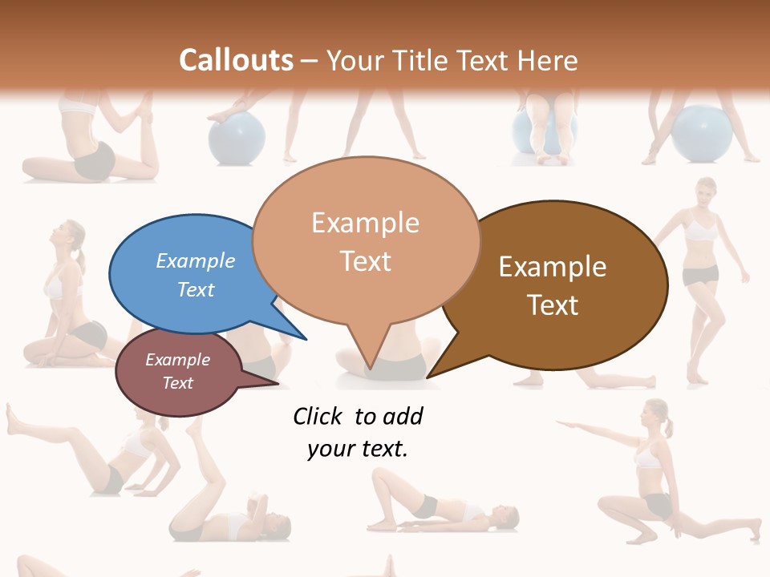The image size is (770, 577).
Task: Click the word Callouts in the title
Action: coord(236,60)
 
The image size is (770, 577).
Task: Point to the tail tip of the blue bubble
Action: coord(306,338)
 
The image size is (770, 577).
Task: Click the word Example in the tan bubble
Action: coord(365,223)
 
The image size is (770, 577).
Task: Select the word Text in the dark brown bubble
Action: coord(553,305)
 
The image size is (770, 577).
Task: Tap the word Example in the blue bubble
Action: coord(195,261)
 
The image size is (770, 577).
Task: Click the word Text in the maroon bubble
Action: coord(178,383)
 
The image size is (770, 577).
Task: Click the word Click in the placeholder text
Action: coord(318,417)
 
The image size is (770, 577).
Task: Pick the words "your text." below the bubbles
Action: coord(358,450)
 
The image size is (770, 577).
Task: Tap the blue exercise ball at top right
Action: coord(701,134)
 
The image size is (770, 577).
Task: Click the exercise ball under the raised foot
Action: coord(237,138)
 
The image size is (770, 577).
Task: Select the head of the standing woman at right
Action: coord(706,193)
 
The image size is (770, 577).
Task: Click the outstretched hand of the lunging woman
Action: coord(561,422)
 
